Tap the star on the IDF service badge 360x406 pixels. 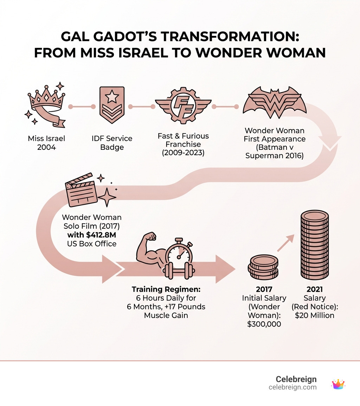point(112,97)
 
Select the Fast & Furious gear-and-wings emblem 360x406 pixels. point(183,106)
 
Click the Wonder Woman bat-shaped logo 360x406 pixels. point(274,102)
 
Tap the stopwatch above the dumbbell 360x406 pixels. point(179,253)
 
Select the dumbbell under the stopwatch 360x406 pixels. point(179,271)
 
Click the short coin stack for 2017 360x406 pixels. point(263,267)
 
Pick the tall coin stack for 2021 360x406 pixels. point(315,245)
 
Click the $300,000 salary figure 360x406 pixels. point(264,324)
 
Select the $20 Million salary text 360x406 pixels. point(315,315)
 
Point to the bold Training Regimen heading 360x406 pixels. point(166,289)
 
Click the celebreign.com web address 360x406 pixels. point(292,387)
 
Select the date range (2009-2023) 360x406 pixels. point(183,153)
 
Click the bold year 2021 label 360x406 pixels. point(315,289)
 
